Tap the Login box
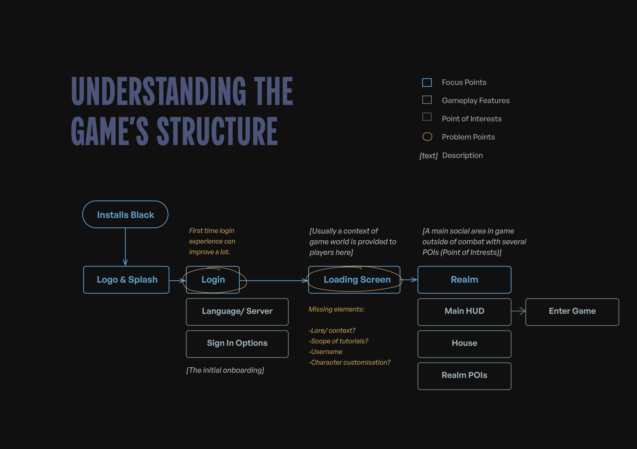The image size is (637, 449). (x=213, y=280)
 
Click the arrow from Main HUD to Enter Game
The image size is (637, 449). (x=518, y=311)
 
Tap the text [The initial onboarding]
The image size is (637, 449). (x=225, y=370)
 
